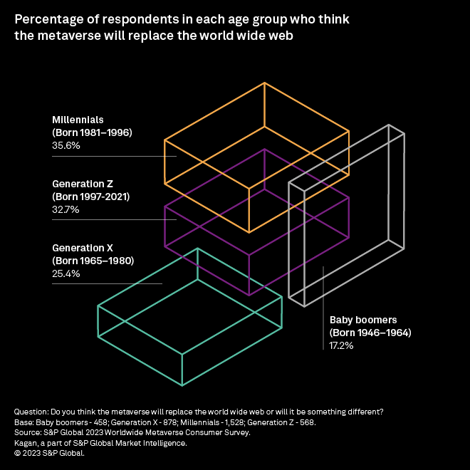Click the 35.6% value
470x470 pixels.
tap(66, 145)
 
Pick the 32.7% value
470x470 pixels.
tap(66, 209)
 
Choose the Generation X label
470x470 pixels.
tap(83, 248)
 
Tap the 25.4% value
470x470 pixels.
tap(66, 273)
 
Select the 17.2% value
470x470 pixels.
tap(342, 345)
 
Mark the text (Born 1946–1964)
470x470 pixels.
tap(370, 333)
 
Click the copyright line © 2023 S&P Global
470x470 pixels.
tap(49, 452)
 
